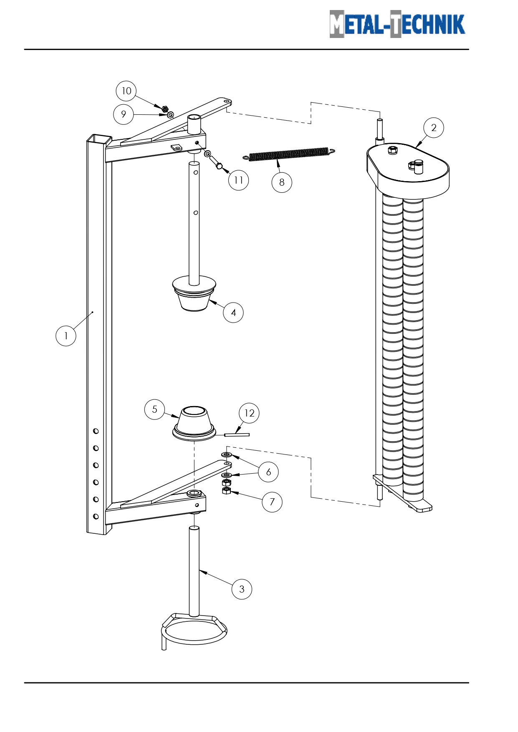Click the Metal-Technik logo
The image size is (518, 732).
tap(397, 24)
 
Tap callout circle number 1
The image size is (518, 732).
tap(66, 336)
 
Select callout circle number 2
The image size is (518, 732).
tap(434, 128)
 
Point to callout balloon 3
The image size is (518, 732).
tap(242, 589)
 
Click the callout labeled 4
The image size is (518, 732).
tap(233, 313)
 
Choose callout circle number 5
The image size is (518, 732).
tap(155, 409)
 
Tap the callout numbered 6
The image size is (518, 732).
tap(268, 472)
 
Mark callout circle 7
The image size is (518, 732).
tap(272, 502)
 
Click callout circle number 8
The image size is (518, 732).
tap(282, 182)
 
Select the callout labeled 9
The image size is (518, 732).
tap(124, 114)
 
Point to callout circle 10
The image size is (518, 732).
tap(126, 91)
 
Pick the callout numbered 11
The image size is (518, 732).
tap(238, 180)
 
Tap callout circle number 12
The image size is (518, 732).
tap(249, 413)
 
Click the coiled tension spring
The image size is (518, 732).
tap(289, 154)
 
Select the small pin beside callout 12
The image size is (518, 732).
tap(237, 435)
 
